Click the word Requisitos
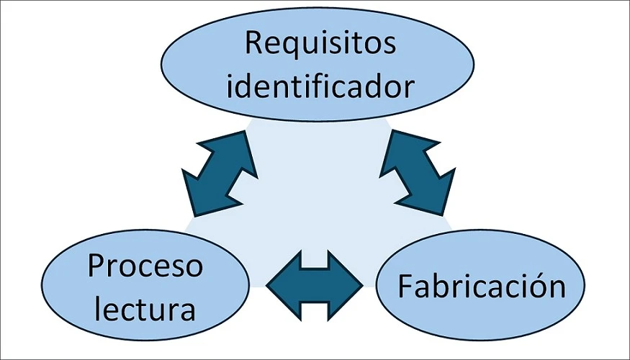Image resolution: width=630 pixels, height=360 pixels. pos(320,43)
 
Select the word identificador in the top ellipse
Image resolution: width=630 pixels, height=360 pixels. pos(320,87)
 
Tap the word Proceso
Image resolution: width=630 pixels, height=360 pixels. pos(145,268)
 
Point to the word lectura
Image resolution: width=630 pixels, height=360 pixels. pos(145,310)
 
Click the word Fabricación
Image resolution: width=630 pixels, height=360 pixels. pos(481,287)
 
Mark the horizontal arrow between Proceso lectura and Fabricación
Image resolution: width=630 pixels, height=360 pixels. pos(315,286)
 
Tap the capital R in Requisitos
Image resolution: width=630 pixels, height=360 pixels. pos(253,42)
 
